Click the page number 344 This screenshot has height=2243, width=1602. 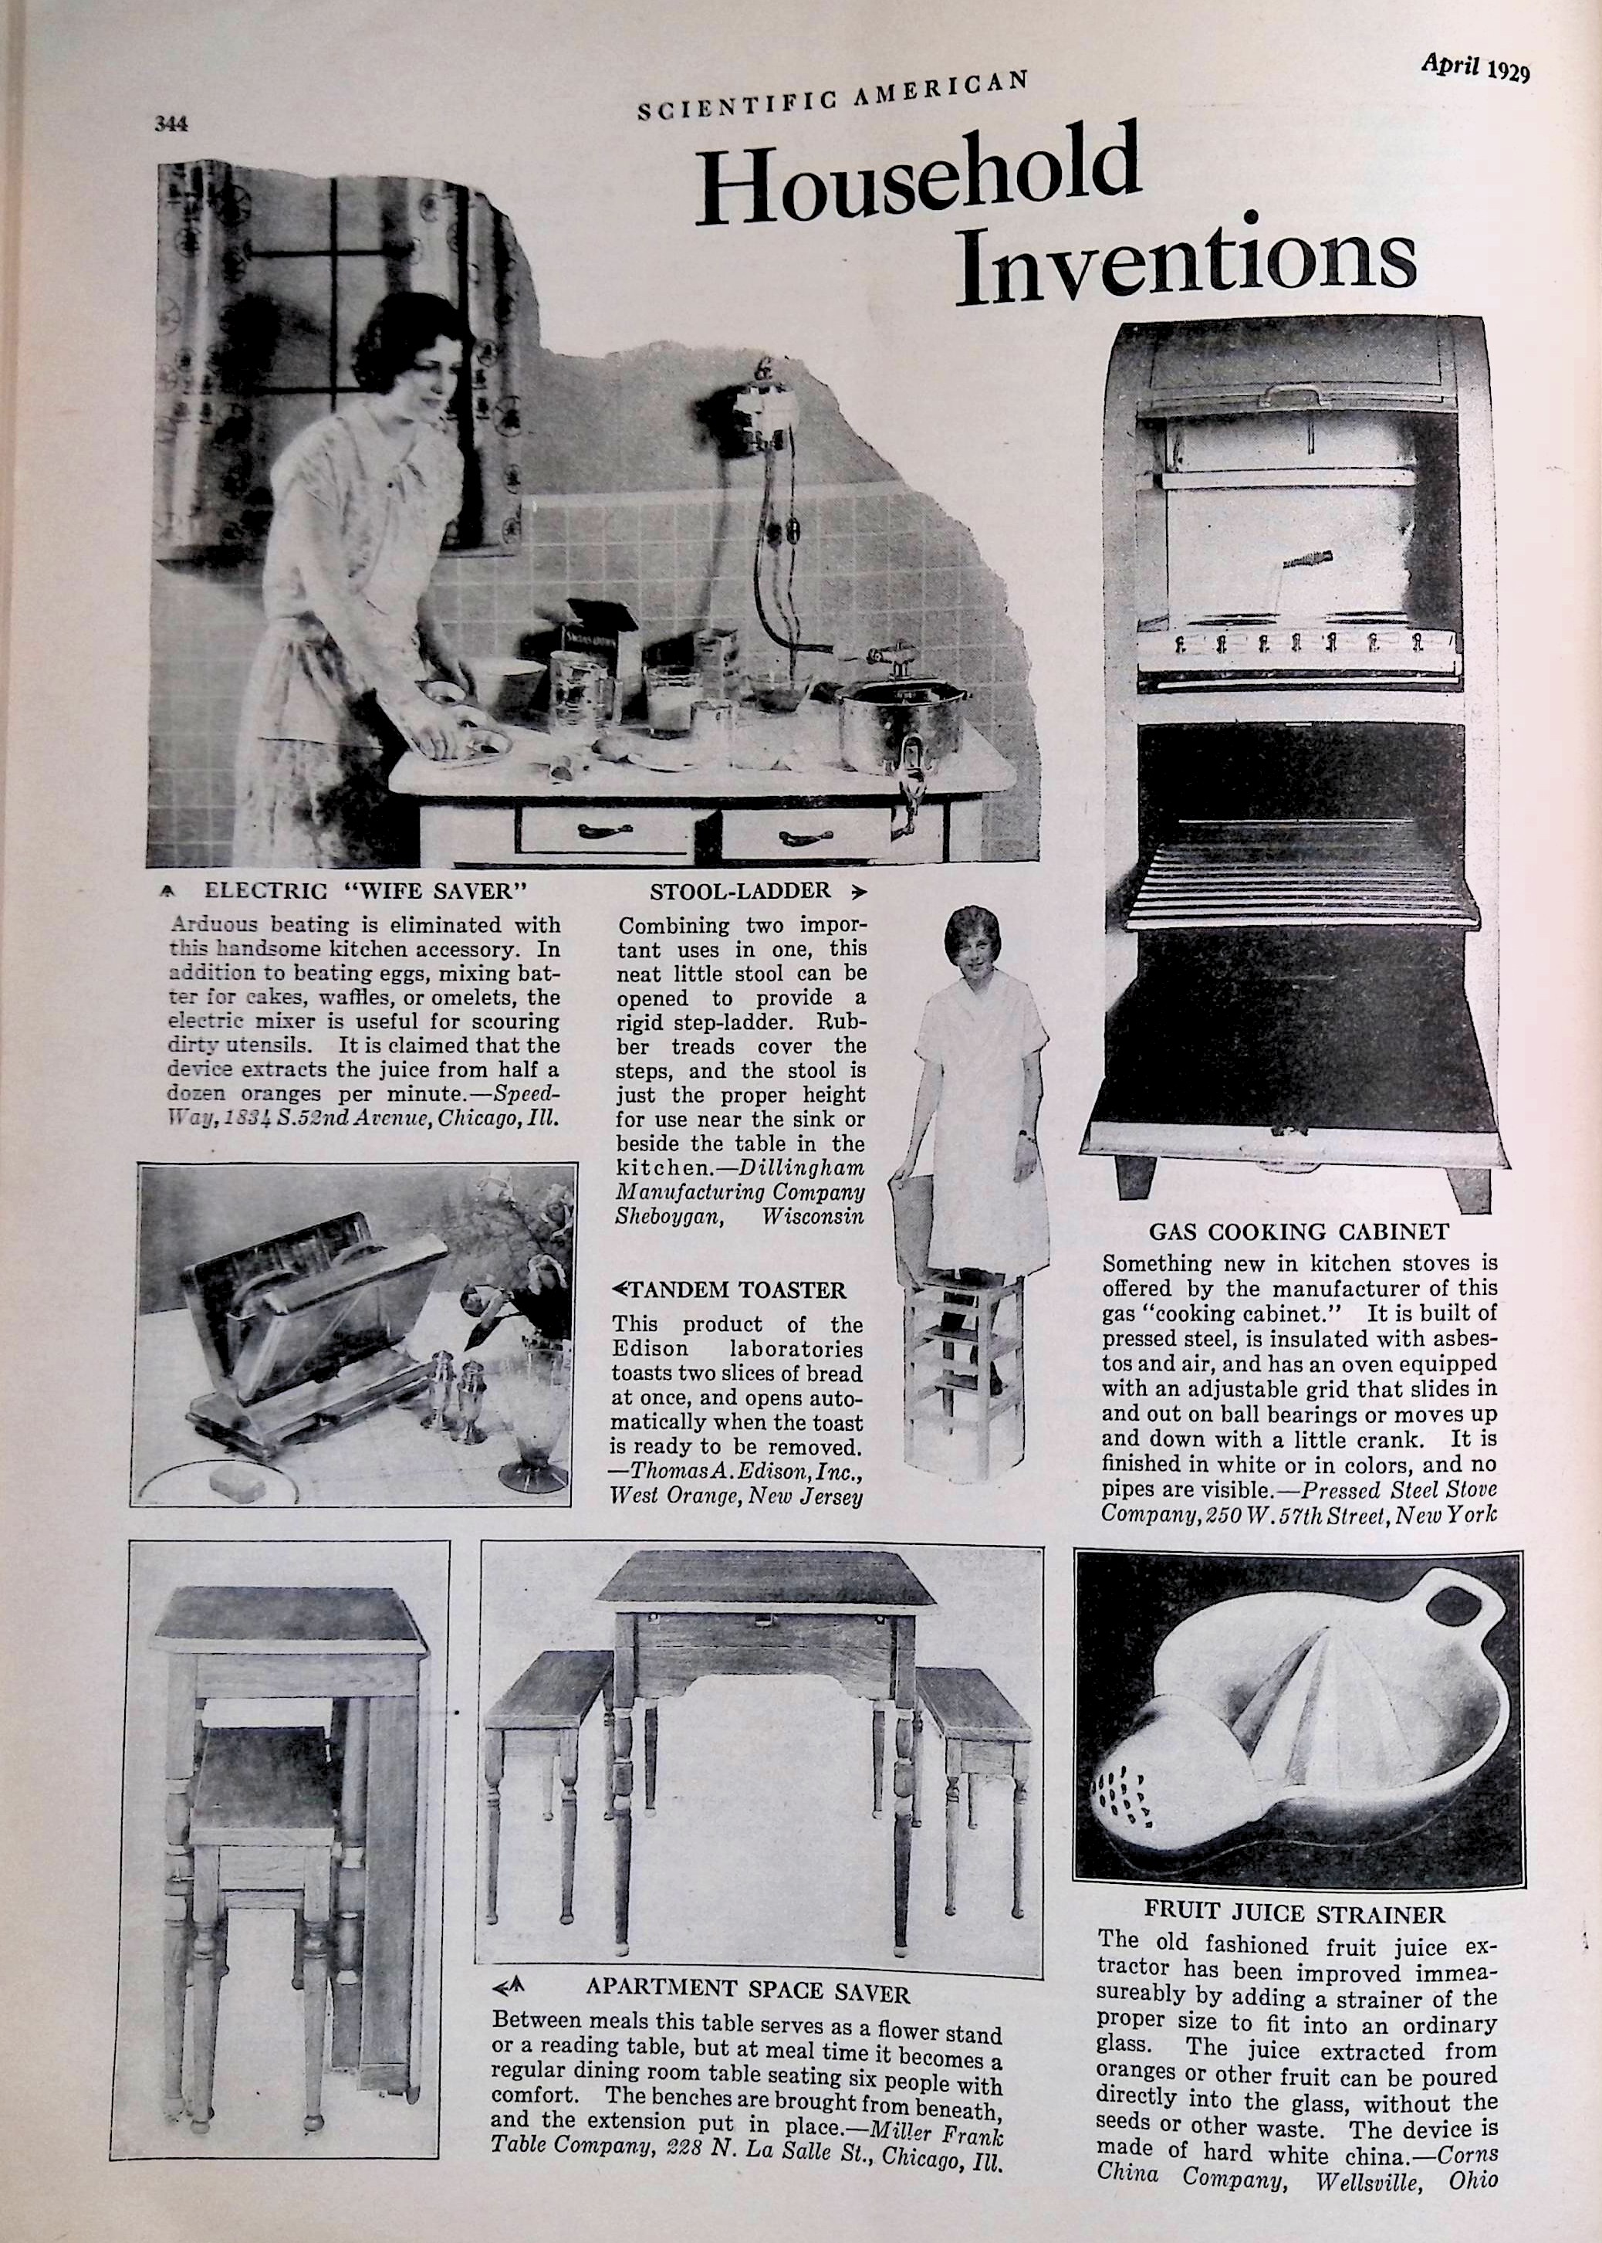[170, 124]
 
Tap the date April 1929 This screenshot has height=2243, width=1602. [1474, 68]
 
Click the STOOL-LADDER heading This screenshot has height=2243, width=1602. [740, 891]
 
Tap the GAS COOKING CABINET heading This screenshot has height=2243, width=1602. [1298, 1232]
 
